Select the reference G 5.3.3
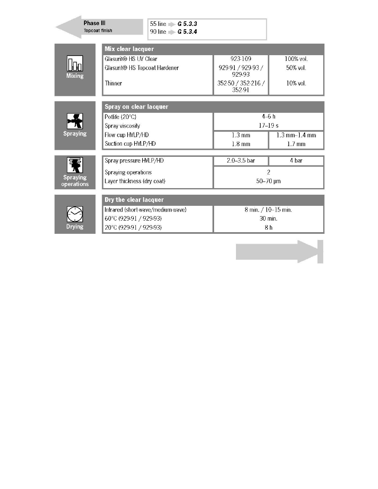point(188,24)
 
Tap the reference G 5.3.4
point(188,32)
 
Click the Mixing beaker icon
point(75,64)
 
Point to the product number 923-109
point(241,59)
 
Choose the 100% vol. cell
point(296,59)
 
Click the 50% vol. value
point(296,68)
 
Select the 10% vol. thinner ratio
point(296,83)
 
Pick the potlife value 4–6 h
point(268,117)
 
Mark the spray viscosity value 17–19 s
point(268,126)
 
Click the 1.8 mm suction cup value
point(241,144)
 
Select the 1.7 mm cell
point(296,144)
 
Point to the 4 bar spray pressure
point(296,161)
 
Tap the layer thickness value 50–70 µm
point(268,181)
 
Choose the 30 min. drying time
point(268,218)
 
